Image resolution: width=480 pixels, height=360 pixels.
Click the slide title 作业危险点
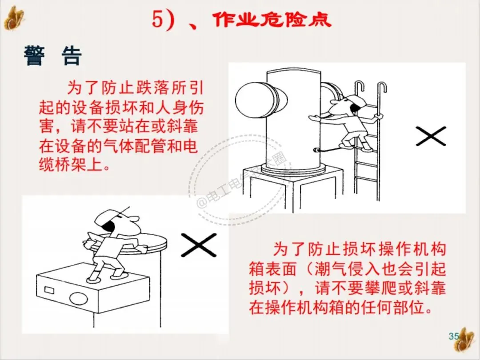272,20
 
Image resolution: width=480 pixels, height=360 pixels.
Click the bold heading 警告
53,56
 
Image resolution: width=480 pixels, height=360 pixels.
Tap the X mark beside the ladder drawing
431,136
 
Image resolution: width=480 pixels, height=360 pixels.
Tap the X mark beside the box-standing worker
199,244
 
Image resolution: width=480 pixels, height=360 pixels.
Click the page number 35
454,336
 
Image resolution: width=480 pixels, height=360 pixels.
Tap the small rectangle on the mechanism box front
49,290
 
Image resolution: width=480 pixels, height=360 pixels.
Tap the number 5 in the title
157,20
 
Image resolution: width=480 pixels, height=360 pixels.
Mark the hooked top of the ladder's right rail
382,87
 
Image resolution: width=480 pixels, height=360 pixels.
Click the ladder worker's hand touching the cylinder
313,118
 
